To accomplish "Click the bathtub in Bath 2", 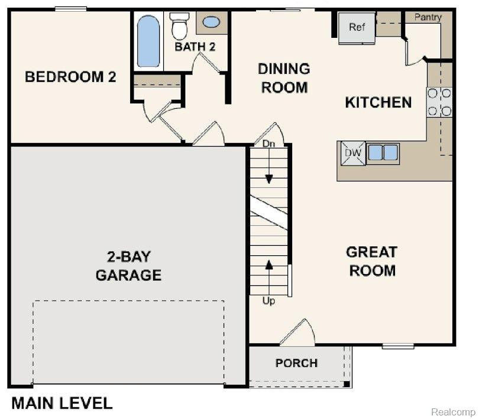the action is [148, 41].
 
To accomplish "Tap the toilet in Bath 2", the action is [179, 26].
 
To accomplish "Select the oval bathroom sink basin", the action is [211, 22].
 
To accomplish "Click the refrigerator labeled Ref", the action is [357, 28].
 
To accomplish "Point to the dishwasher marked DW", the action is [353, 153].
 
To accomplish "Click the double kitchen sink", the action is [383, 152].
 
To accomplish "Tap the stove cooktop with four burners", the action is [439, 102].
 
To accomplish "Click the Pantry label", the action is [428, 17].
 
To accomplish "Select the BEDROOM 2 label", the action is [70, 77].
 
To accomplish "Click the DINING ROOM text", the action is [284, 78].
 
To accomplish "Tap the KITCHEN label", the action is [378, 102].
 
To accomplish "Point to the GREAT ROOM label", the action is [372, 261].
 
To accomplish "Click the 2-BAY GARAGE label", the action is [128, 266].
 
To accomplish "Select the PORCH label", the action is [297, 363].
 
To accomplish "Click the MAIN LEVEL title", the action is [62, 403].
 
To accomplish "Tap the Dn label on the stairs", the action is [269, 144].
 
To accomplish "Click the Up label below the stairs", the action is [269, 301].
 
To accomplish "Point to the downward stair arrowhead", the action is [269, 179].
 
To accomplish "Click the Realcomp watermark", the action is [453, 412].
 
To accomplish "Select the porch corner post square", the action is [347, 384].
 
